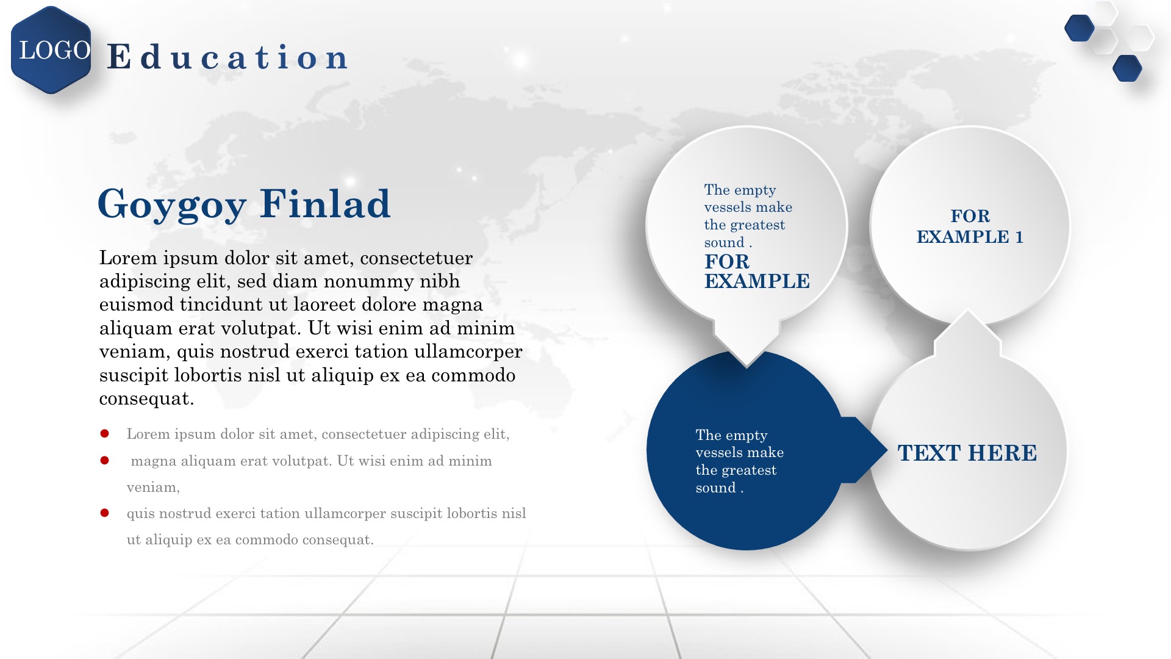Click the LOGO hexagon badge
point(51,50)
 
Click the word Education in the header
point(228,57)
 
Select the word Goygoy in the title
point(172,204)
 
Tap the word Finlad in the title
point(325,203)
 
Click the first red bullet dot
point(104,434)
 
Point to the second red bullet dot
point(104,460)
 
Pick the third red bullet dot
point(104,513)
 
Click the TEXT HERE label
point(967,453)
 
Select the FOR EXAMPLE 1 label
point(970,226)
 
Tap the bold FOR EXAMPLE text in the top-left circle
point(757,271)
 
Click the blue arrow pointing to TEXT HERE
point(864,450)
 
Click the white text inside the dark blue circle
point(740,461)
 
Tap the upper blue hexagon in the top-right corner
point(1079,28)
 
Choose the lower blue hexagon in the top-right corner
point(1127,68)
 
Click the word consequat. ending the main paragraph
point(146,399)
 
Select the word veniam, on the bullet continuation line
point(153,488)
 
